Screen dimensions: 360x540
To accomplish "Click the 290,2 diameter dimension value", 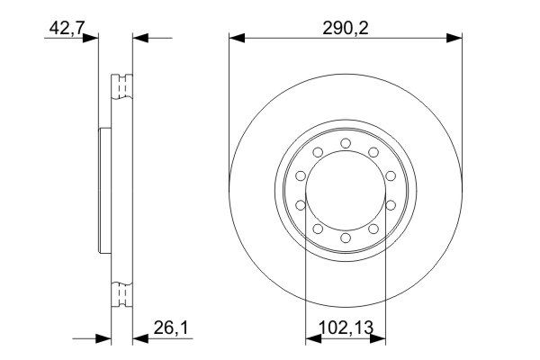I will click(346, 28).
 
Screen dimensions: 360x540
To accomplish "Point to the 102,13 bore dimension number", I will click(346, 329).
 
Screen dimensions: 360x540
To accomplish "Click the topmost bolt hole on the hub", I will click(346, 143).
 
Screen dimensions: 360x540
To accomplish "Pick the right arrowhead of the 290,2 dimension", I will click(456, 38).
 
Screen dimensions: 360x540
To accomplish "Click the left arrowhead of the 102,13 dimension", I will click(310, 339).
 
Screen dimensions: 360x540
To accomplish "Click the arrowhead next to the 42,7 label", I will click(91, 38).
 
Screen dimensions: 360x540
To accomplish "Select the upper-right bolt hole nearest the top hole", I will click(373, 152).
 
